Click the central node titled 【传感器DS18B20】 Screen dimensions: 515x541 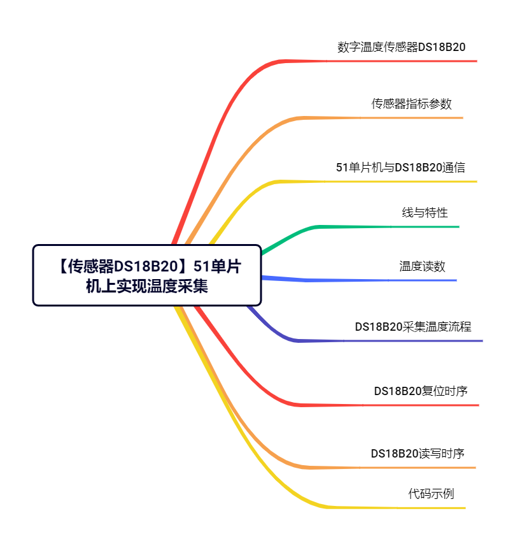[147, 275]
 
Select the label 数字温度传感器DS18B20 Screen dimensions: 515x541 [401, 47]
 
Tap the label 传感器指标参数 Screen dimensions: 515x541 [411, 103]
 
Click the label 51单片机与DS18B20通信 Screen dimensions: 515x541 [400, 168]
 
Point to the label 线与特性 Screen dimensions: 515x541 [425, 213]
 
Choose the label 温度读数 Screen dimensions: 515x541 [422, 266]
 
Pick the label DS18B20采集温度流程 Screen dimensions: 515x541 [413, 327]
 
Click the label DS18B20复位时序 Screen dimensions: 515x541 [421, 391]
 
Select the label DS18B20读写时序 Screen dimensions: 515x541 [418, 453]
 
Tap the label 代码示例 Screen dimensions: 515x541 [431, 494]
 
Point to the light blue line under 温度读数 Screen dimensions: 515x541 [358, 280]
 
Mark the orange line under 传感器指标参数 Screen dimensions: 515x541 [324, 118]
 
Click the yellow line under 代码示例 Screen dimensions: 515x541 [327, 507]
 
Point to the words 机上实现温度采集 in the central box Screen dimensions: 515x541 [147, 286]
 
